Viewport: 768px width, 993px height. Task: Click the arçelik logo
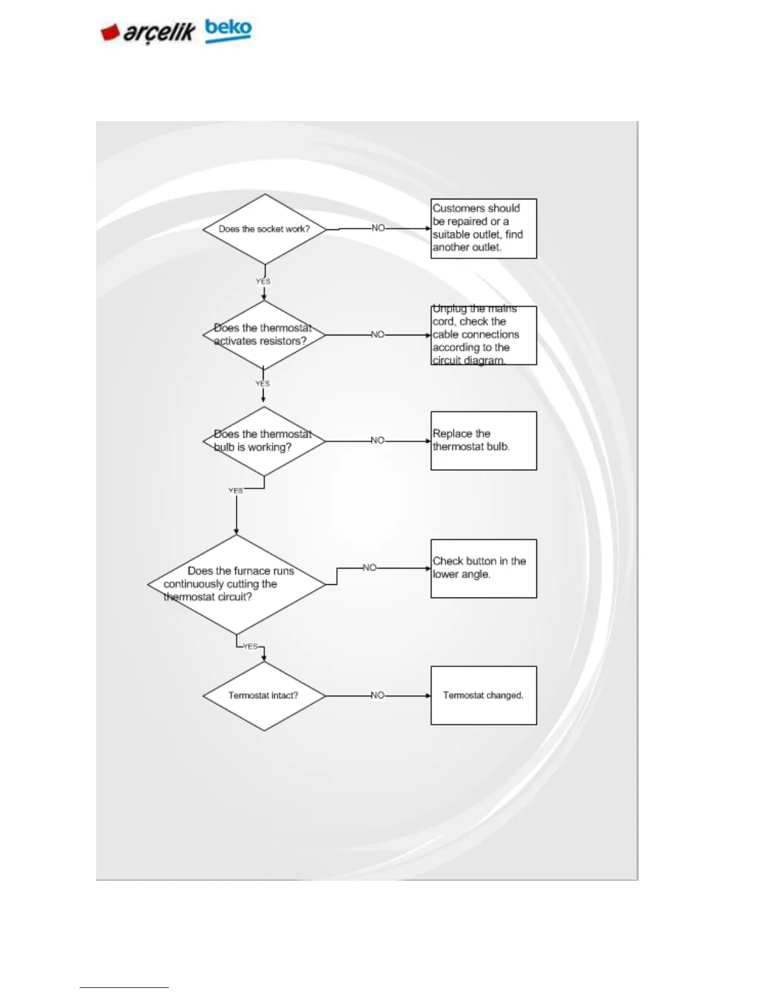tap(148, 32)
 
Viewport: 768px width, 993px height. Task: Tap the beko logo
tap(228, 29)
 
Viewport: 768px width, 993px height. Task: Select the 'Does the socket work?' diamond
tap(264, 229)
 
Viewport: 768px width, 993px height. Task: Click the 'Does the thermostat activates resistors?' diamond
tap(264, 335)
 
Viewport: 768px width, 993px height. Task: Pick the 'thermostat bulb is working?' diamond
tap(264, 441)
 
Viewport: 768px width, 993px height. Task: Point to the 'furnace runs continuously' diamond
tap(236, 584)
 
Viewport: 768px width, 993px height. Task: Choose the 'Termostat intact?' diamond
tap(264, 695)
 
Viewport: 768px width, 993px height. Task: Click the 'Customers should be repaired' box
tap(483, 228)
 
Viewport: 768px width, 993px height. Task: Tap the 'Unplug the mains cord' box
tap(483, 335)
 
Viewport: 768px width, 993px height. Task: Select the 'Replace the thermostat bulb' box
tap(483, 441)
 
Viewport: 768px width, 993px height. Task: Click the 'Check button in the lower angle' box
tap(483, 568)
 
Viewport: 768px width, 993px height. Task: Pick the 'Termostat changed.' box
tap(483, 695)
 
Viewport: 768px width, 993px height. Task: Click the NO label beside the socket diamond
tap(378, 228)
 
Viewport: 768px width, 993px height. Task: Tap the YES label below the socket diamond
tap(263, 281)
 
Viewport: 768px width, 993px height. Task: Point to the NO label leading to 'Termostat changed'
tap(377, 695)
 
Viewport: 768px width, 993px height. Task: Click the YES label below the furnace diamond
tap(250, 646)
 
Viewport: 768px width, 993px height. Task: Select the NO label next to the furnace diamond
tap(370, 568)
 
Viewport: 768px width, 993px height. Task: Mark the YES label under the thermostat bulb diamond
tap(236, 491)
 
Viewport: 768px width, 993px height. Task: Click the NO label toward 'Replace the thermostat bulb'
tap(377, 441)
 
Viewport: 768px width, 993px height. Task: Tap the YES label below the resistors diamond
tap(262, 384)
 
